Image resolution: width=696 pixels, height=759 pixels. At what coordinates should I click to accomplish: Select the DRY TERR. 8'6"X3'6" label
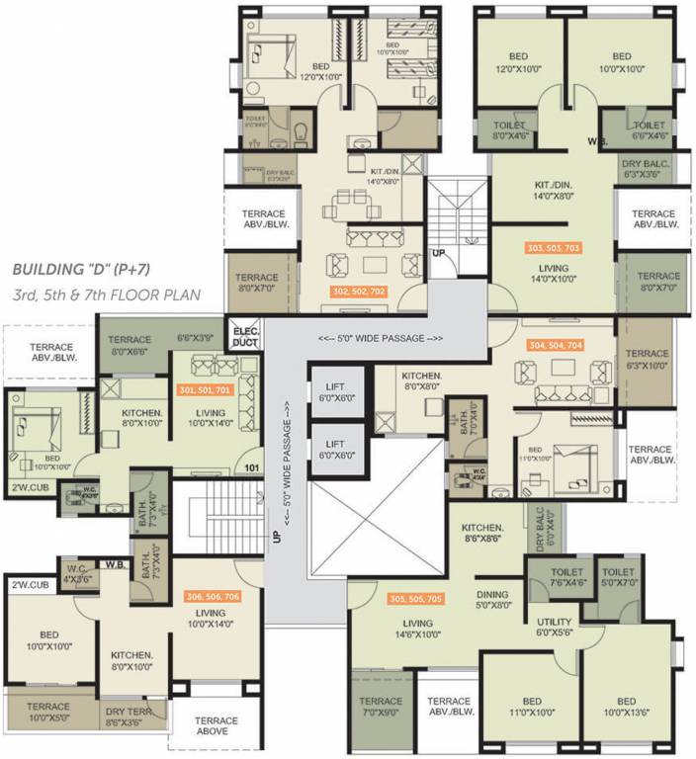coord(130,717)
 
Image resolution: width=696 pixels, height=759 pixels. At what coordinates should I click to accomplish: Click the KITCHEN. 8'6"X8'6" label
coord(482,535)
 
